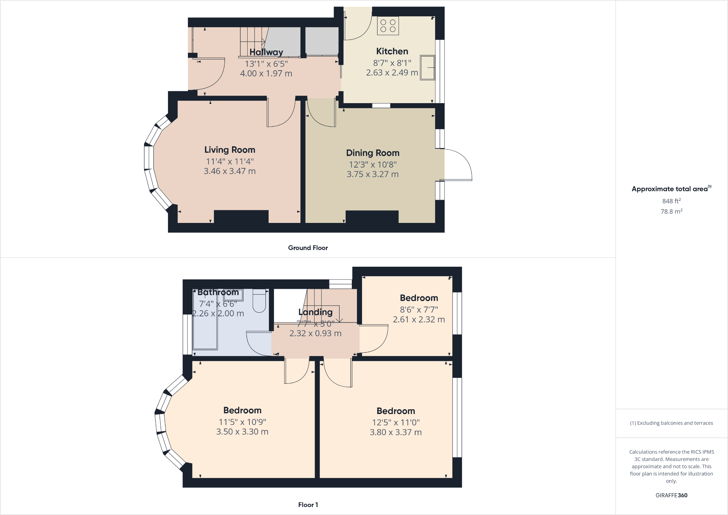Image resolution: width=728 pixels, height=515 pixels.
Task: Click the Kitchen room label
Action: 392,51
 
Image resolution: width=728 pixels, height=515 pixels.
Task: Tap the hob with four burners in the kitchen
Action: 388,26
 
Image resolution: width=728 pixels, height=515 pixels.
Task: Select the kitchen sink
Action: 427,67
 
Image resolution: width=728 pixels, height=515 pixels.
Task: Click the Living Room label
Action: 230,150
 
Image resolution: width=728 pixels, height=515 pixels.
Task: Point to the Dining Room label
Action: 373,153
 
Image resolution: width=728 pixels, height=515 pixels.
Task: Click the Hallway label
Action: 266,52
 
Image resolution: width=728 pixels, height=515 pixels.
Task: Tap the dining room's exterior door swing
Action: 458,165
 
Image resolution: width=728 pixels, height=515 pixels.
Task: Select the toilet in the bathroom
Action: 259,301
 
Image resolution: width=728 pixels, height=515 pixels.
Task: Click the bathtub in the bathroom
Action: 205,326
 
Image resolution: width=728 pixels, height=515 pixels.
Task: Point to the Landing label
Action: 315,312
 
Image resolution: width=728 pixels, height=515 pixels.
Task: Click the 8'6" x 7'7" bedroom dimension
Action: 419,309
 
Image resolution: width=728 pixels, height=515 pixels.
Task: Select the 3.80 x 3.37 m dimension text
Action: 396,432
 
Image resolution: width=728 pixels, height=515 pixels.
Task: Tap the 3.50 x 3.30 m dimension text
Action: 242,432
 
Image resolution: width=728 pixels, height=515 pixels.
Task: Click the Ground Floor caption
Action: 308,248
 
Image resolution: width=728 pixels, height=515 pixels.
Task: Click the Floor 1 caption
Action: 308,505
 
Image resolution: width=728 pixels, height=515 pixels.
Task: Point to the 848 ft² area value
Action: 672,201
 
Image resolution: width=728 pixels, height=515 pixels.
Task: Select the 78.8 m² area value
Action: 672,211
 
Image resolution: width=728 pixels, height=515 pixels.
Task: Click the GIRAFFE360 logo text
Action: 671,495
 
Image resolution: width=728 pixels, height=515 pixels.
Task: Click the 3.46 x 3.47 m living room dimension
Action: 230,171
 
